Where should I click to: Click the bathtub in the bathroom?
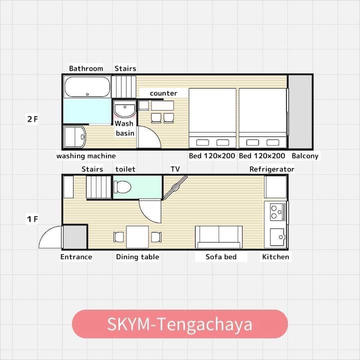(87, 87)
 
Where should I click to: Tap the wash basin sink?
(125, 109)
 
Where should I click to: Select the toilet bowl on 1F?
(122, 187)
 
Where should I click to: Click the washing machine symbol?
(75, 136)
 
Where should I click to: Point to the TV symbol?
(175, 187)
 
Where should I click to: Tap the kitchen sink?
(277, 237)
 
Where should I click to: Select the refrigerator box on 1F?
(275, 187)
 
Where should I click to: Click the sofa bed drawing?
(218, 237)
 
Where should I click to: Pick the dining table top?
(137, 237)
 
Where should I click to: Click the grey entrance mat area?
(75, 237)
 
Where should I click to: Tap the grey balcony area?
(300, 112)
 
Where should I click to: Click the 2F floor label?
(32, 119)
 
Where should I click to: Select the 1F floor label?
(32, 219)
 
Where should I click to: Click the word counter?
(163, 93)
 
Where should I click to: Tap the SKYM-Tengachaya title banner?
(180, 324)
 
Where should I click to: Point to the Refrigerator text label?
(272, 169)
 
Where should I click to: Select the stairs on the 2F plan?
(124, 87)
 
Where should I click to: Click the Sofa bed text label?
(221, 256)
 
